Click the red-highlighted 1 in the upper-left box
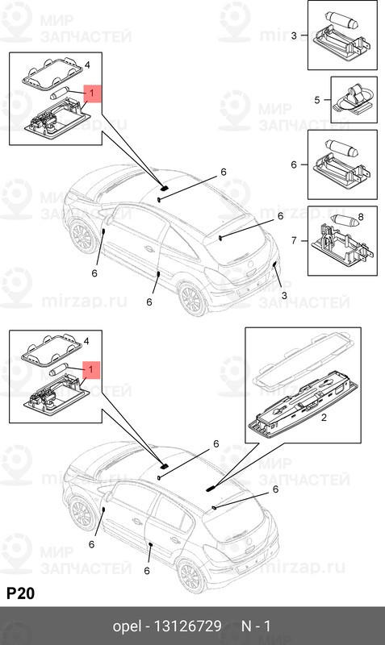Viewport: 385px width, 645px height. point(91,94)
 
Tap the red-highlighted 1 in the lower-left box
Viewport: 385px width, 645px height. point(91,369)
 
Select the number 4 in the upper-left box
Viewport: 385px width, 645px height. point(87,64)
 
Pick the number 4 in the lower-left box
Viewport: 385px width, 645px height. point(87,342)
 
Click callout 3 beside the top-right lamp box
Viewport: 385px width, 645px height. point(294,35)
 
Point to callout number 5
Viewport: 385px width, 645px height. point(317,100)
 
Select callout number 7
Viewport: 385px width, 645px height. point(294,239)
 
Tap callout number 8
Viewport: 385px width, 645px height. point(361,216)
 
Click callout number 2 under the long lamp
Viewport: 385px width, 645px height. point(323,418)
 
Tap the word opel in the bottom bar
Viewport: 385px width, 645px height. point(126,626)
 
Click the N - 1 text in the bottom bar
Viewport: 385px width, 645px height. point(256,626)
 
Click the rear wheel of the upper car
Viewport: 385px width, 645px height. point(191,300)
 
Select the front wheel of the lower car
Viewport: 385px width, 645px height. point(81,513)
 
